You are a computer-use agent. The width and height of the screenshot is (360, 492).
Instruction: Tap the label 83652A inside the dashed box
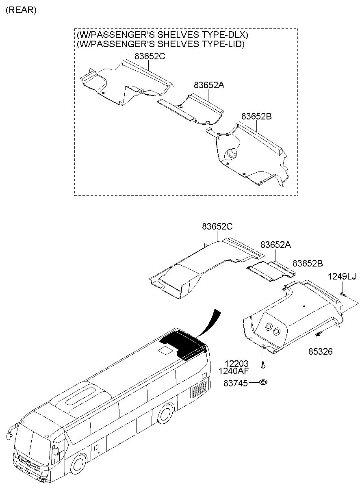(209, 85)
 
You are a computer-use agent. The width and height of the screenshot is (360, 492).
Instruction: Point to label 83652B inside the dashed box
(256, 116)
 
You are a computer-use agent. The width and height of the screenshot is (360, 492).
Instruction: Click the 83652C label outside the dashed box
(217, 227)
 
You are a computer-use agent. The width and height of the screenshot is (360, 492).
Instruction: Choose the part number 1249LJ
(342, 277)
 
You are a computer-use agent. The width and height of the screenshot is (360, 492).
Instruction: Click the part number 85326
(320, 352)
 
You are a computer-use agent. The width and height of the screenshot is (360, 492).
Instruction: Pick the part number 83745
(235, 383)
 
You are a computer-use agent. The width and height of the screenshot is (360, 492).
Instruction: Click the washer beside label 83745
(263, 382)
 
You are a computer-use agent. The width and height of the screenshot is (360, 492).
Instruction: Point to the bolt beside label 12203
(263, 364)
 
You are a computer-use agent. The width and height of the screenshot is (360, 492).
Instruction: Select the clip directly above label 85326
(318, 334)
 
